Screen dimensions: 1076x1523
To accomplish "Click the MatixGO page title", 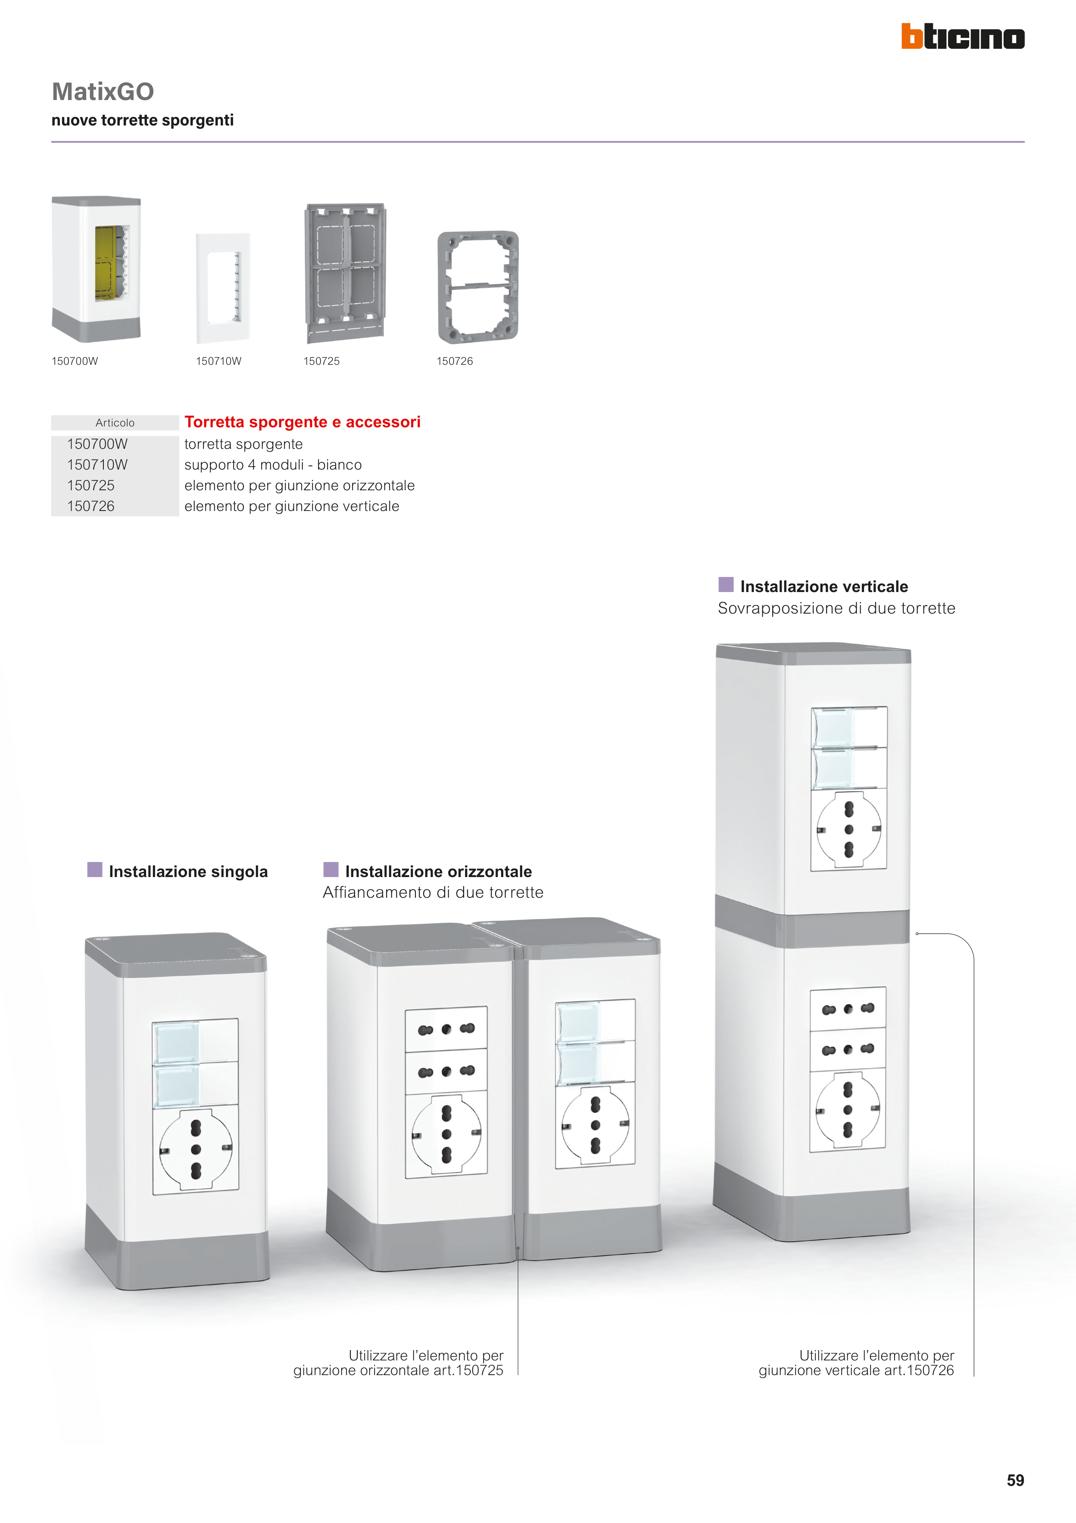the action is click(103, 91).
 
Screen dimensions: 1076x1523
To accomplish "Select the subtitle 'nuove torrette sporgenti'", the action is click(143, 120).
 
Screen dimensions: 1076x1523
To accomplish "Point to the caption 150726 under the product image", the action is click(455, 361).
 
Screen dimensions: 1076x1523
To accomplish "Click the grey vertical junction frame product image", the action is click(478, 287).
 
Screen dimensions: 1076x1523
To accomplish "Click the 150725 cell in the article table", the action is click(91, 486).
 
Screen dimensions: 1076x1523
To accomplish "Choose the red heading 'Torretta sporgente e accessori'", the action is click(303, 422).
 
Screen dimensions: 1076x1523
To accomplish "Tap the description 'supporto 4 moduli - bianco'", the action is click(273, 465).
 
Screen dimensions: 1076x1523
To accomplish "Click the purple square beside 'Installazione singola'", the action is click(95, 870).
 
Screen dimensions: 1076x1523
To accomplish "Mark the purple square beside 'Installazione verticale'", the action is click(726, 584).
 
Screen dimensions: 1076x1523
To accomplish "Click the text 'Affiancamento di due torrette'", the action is click(433, 892).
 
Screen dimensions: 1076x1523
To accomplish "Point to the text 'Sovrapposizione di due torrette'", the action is click(837, 608).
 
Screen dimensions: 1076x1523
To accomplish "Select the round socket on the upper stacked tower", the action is click(848, 829).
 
